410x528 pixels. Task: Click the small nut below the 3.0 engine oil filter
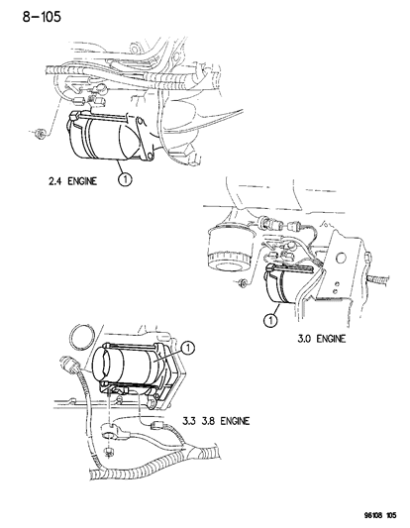[243, 287]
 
